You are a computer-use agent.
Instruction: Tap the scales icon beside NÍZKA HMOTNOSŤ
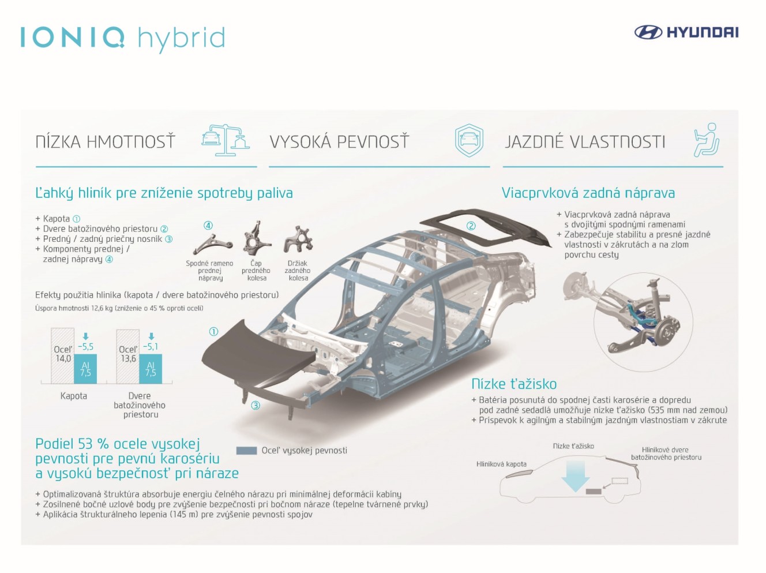tap(226, 140)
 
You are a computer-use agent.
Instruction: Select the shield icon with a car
tap(469, 140)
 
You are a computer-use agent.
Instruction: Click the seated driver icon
tap(707, 140)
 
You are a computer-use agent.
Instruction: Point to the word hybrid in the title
tap(182, 39)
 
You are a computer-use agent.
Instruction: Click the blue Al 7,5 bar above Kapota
tap(85, 369)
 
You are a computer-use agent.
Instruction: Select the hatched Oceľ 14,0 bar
tap(63, 355)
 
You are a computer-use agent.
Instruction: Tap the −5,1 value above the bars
tap(151, 347)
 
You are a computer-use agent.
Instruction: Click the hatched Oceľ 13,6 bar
tap(127, 357)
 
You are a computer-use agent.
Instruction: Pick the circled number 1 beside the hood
tap(213, 332)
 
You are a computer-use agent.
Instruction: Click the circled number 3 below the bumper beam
tap(256, 406)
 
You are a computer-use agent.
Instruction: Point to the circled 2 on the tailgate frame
tap(471, 226)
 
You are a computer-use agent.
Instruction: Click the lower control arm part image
tap(212, 244)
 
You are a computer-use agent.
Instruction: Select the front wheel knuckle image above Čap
tap(256, 239)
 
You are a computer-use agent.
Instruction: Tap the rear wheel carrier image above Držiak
tap(298, 239)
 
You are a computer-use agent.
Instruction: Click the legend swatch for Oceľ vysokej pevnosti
tap(246, 451)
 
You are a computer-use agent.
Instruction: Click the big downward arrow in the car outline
tap(575, 475)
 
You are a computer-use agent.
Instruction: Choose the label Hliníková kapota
tap(501, 464)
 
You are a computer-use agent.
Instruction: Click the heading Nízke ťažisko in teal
tap(514, 384)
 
